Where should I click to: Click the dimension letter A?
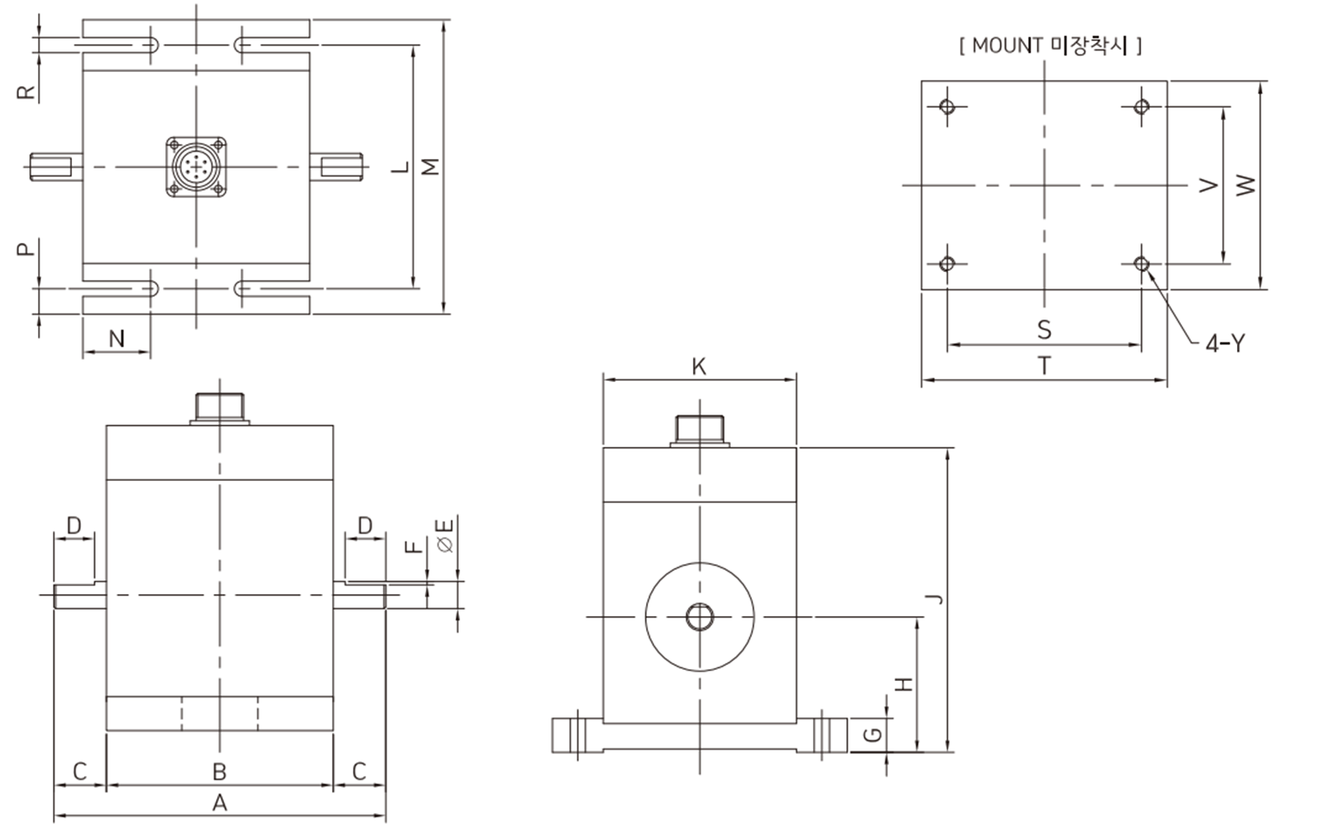[219, 803]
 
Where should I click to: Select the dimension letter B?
[219, 772]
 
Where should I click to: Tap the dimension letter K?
[699, 366]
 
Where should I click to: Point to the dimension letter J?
[936, 599]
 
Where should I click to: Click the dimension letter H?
[905, 683]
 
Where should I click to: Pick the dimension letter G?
[872, 735]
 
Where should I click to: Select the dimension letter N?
[117, 338]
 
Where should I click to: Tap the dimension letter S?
[1044, 330]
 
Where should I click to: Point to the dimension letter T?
[1044, 365]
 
